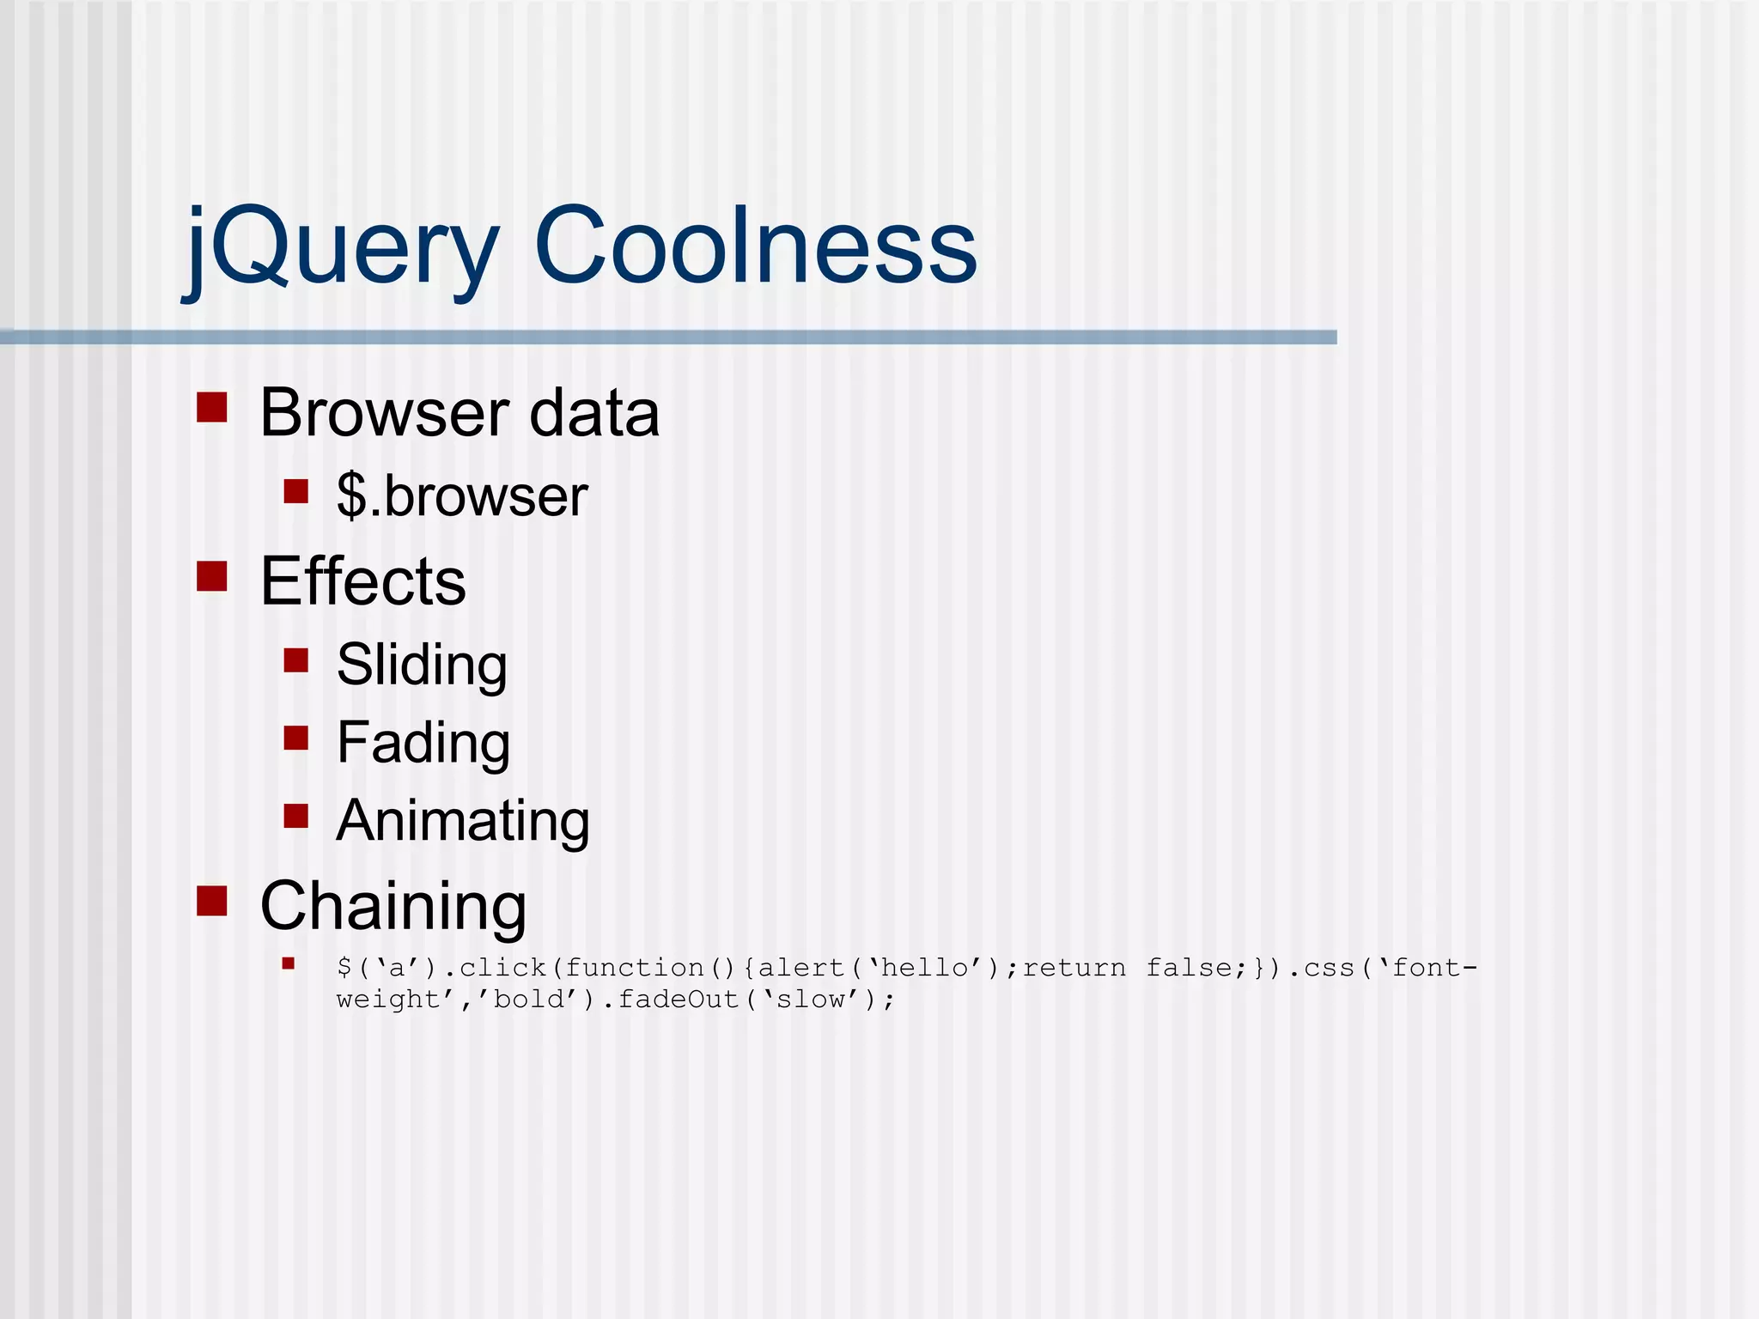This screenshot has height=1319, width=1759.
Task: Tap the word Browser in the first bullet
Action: click(383, 413)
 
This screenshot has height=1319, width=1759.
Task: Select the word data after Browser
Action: click(594, 413)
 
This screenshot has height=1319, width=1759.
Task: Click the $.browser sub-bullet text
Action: click(462, 495)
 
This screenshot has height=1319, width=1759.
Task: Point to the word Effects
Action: click(362, 581)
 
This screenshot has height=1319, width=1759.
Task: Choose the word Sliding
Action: click(422, 665)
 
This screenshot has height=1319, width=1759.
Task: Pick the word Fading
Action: click(423, 742)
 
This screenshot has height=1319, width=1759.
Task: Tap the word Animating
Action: click(463, 820)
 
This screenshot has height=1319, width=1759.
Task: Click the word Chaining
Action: click(393, 906)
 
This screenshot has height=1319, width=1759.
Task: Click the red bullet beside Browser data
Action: click(211, 407)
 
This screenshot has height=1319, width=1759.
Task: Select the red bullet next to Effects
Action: click(211, 576)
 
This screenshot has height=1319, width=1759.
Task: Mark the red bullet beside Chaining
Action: click(211, 901)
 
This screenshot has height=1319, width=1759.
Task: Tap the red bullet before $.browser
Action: click(295, 491)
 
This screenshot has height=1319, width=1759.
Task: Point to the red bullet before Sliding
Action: click(295, 660)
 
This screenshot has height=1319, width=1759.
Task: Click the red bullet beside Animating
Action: click(295, 816)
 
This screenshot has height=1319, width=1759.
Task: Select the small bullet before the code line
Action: click(289, 963)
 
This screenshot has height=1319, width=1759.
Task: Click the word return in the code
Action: click(1074, 969)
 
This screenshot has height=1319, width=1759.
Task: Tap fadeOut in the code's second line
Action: click(679, 1000)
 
